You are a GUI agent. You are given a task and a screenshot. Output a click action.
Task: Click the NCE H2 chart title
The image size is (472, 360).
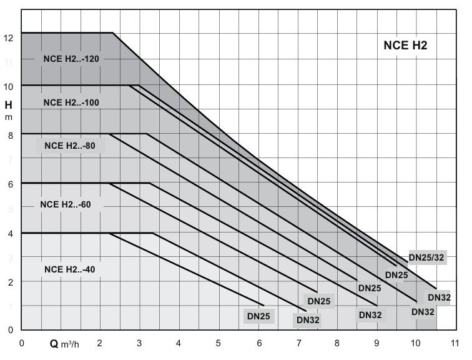point(405,46)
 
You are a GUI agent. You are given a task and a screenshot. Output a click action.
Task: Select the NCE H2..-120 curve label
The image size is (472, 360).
point(72,59)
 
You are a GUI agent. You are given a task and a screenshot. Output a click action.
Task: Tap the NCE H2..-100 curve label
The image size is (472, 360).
point(72,102)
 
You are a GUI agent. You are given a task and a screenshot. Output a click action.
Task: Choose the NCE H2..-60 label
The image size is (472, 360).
point(66,204)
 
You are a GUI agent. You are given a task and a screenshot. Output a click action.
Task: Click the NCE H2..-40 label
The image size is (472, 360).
point(69,269)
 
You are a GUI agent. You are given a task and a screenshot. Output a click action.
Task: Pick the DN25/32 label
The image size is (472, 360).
point(428,256)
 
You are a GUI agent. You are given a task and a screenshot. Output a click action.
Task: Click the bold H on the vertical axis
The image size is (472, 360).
point(8,104)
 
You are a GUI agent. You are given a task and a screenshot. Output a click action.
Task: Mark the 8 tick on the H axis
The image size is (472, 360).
point(9,135)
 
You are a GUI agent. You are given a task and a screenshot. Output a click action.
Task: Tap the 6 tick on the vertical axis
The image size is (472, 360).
point(9,184)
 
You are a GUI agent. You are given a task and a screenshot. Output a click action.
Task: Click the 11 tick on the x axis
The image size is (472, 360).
point(455,343)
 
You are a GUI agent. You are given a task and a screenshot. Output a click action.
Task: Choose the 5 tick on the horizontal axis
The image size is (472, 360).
point(219,343)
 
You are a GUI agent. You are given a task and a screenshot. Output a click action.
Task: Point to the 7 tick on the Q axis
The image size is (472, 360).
point(297,343)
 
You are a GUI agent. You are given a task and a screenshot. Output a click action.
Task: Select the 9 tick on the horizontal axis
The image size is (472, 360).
point(376,343)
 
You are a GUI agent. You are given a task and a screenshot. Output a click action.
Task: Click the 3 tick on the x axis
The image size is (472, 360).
point(140,343)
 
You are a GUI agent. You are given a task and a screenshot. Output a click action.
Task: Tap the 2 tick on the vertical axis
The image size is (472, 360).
point(9,282)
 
